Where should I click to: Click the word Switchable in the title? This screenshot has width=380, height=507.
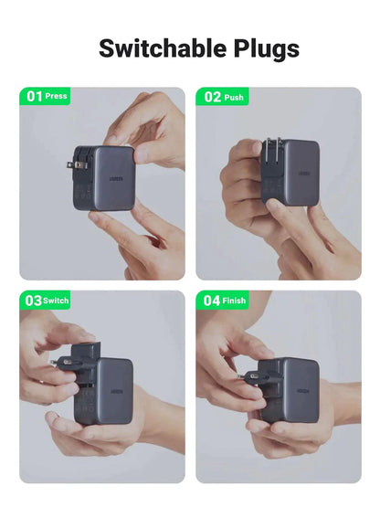(x=151, y=48)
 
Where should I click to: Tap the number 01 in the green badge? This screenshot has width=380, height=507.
(x=34, y=96)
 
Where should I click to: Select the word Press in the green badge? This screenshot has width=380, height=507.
(x=56, y=96)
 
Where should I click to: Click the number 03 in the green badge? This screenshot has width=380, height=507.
(x=33, y=300)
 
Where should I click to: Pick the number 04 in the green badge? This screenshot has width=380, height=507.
(x=212, y=300)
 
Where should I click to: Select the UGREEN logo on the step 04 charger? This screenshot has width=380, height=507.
(x=299, y=386)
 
